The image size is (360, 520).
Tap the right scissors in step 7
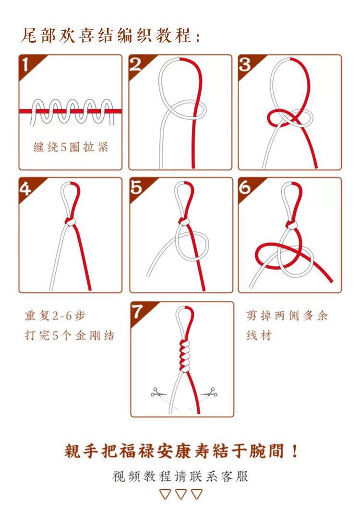click(210, 393)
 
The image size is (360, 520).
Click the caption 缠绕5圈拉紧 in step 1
click(71, 147)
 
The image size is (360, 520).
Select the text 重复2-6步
click(55, 315)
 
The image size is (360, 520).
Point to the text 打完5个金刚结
click(70, 335)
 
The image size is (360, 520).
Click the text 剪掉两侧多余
click(287, 315)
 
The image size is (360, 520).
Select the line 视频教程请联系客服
click(180, 476)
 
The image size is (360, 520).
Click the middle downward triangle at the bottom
click(181, 494)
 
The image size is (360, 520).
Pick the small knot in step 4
click(70, 222)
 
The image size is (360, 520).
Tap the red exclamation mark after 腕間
click(294, 451)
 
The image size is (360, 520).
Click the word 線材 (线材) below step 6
click(259, 335)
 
